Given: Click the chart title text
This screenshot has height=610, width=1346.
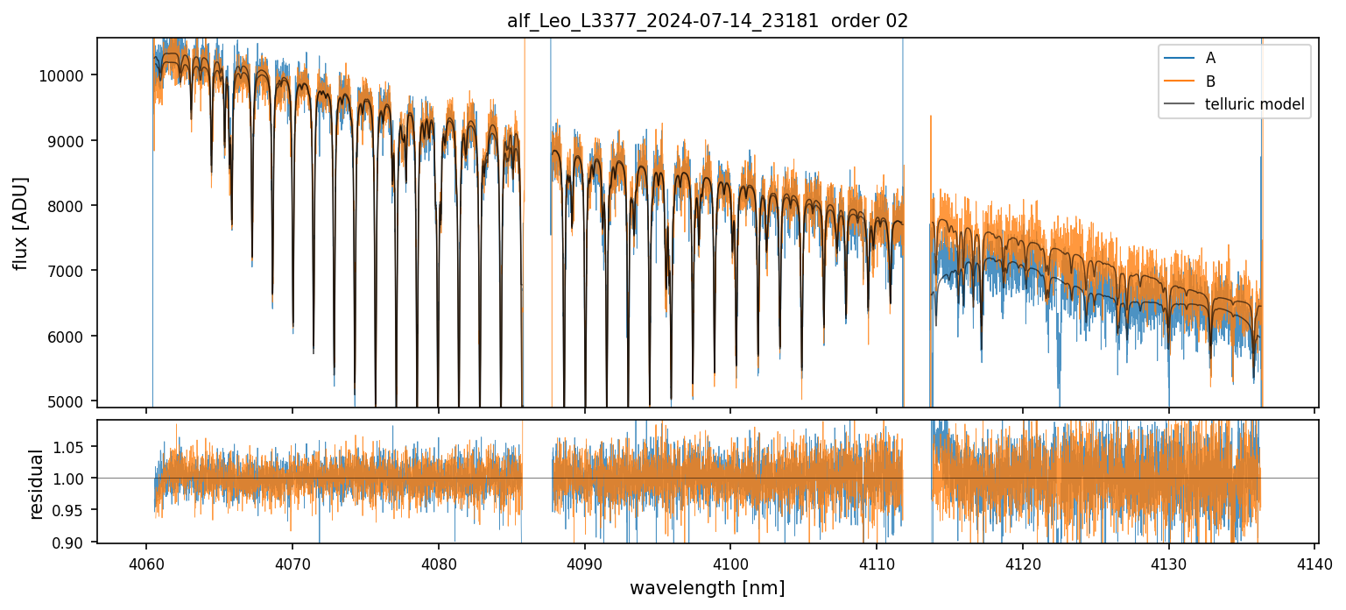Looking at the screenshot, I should pyautogui.click(x=708, y=21).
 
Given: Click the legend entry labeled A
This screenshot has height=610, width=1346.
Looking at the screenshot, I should pyautogui.click(x=1210, y=58).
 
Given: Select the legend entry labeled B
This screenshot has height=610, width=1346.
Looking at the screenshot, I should pyautogui.click(x=1210, y=82).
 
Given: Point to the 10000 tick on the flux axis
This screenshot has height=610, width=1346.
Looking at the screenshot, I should pyautogui.click(x=63, y=75).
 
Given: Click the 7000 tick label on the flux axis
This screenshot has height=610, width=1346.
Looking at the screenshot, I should pyautogui.click(x=67, y=271).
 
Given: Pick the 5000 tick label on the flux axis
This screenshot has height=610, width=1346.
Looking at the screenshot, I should pyautogui.click(x=67, y=401).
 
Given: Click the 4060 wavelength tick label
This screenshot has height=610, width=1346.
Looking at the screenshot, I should pyautogui.click(x=145, y=562).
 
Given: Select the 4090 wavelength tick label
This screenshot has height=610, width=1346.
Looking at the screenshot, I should pyautogui.click(x=584, y=562).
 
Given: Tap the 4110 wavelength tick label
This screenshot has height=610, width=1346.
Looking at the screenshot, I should pyautogui.click(x=877, y=562).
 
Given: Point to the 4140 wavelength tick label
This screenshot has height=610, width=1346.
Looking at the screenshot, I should pyautogui.click(x=1314, y=562).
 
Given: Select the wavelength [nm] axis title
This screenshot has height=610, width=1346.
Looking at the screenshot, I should pyautogui.click(x=708, y=587).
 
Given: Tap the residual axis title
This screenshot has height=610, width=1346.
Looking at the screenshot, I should pyautogui.click(x=37, y=484).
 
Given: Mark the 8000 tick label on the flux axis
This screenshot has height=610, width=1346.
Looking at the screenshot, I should pyautogui.click(x=67, y=206).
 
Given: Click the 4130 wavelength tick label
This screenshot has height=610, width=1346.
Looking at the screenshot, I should pyautogui.click(x=1168, y=562).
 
